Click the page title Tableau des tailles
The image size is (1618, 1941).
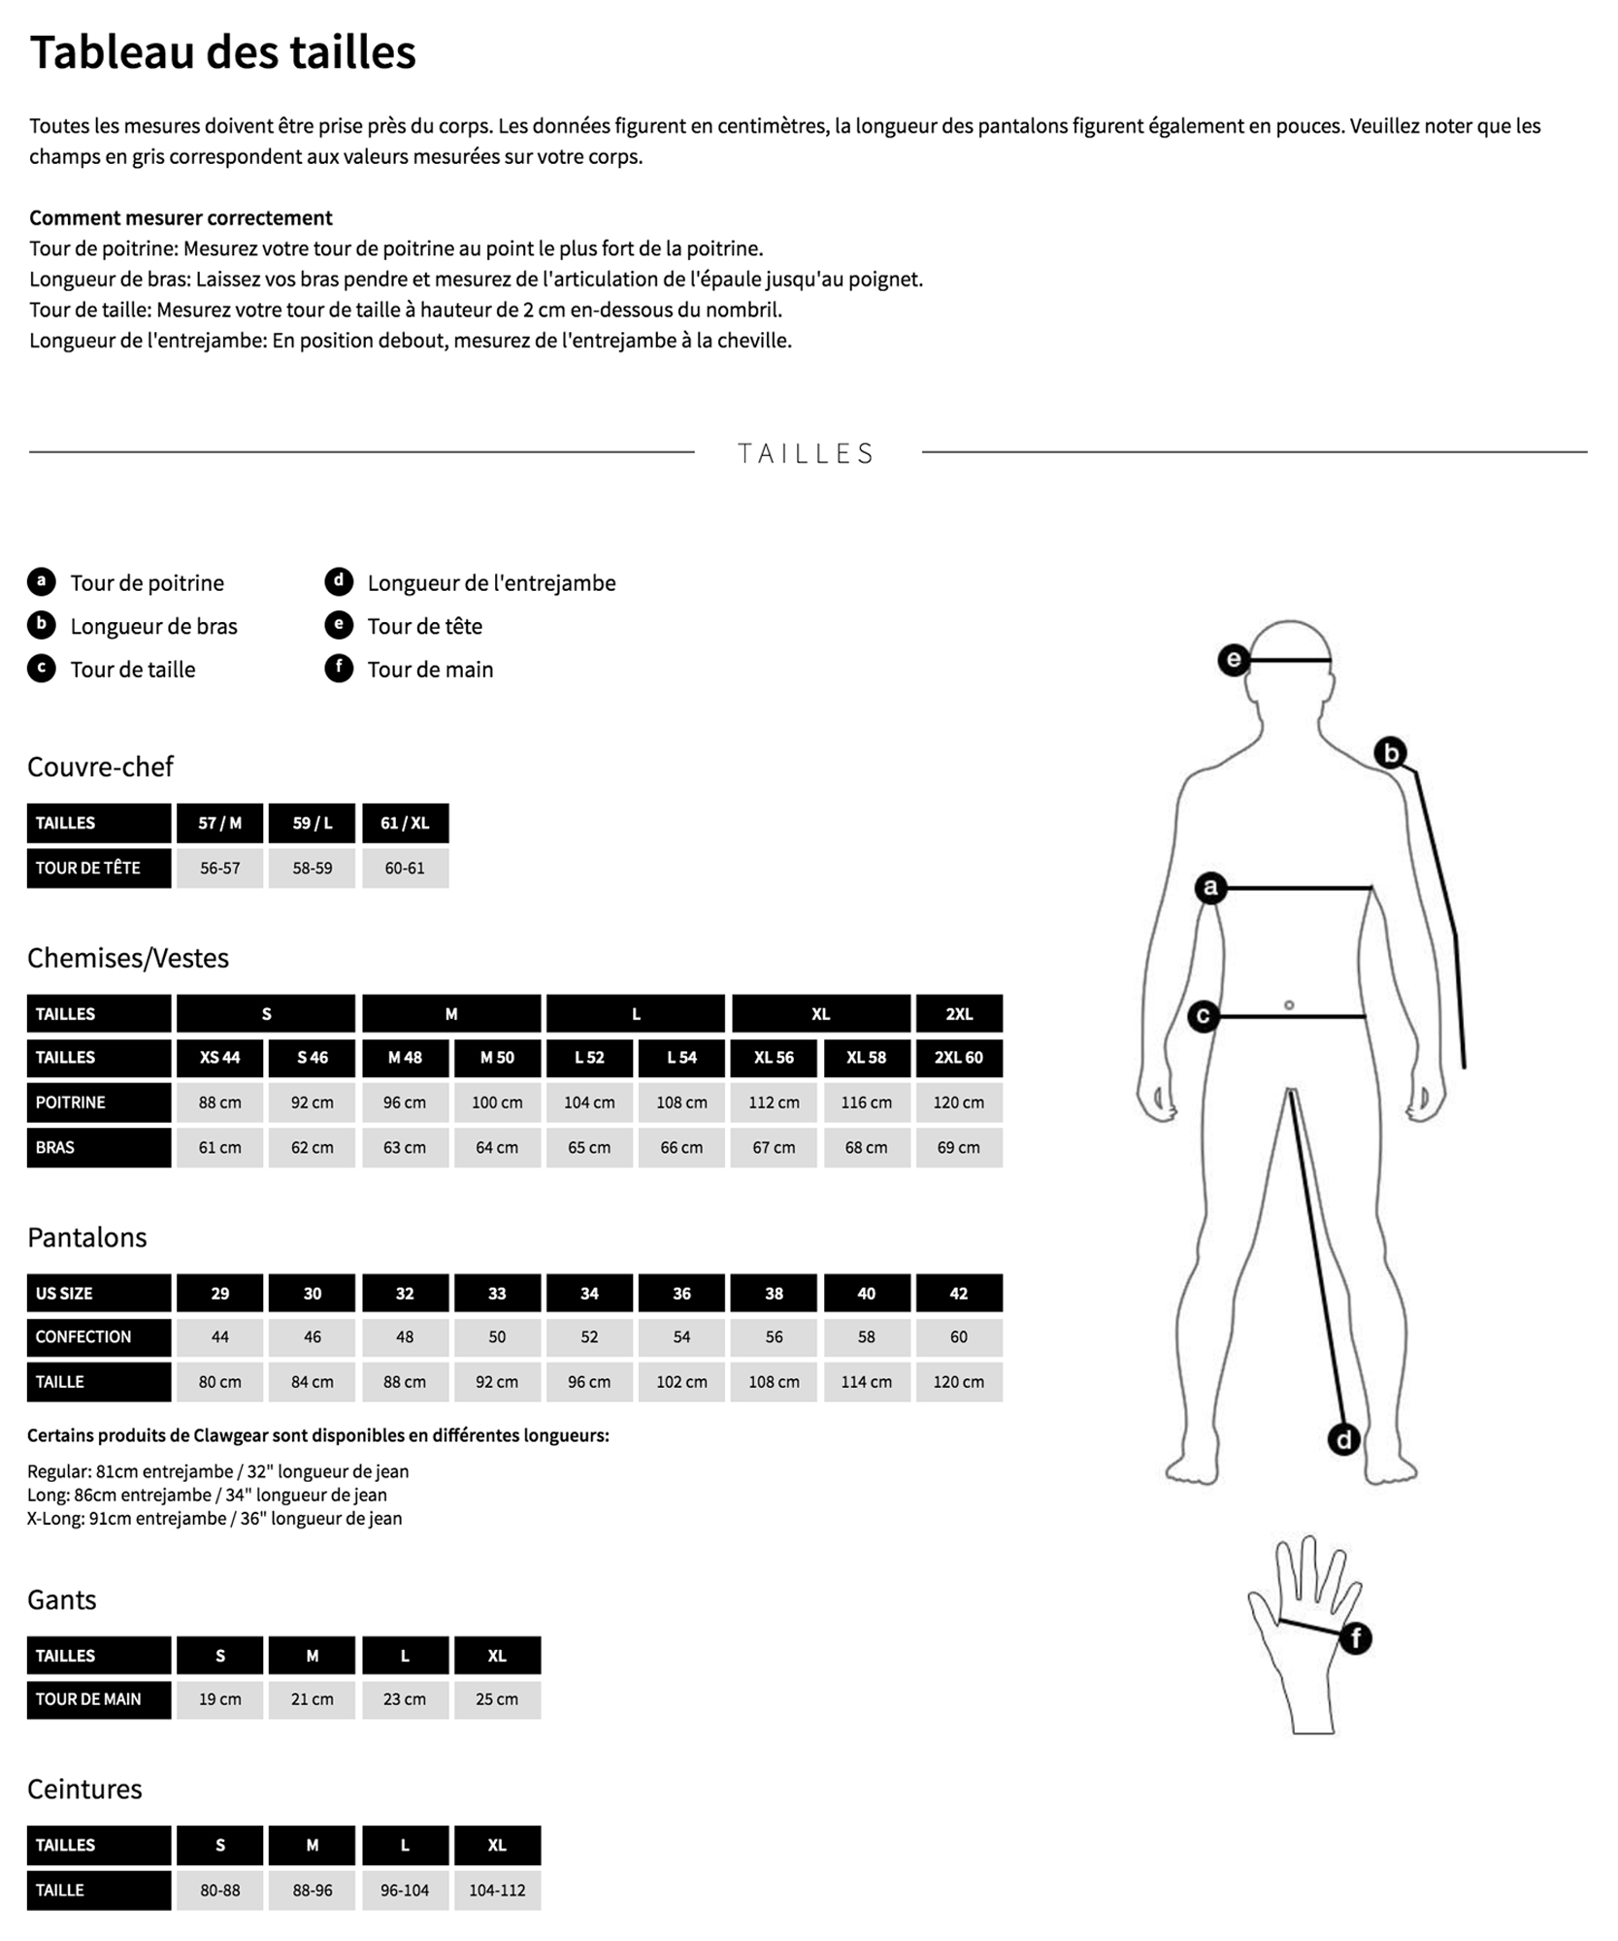coord(222,52)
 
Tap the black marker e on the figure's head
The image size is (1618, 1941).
coord(1233,661)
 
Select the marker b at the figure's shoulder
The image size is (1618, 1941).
coord(1390,752)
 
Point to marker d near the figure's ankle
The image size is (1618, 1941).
coord(1343,1439)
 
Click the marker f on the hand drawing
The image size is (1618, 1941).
coord(1355,1639)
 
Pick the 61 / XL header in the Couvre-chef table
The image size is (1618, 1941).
coord(405,823)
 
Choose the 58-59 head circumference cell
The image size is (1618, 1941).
coord(312,868)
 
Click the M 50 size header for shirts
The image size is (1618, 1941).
coord(497,1058)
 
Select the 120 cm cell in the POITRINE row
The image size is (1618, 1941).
coord(958,1102)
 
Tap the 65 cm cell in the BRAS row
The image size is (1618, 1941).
coord(589,1147)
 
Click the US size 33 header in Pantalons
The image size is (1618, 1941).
coord(497,1294)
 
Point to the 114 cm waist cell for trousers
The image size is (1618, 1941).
coord(866,1382)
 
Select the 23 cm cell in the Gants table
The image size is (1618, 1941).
coord(405,1699)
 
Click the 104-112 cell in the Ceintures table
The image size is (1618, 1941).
coord(497,1891)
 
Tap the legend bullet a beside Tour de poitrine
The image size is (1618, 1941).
coord(41,582)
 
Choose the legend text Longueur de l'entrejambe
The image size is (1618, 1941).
coord(491,583)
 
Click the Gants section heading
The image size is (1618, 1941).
coord(62,1599)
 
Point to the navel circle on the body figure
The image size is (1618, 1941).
coord(1289,1005)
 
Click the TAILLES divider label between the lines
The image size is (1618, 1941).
coord(807,453)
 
